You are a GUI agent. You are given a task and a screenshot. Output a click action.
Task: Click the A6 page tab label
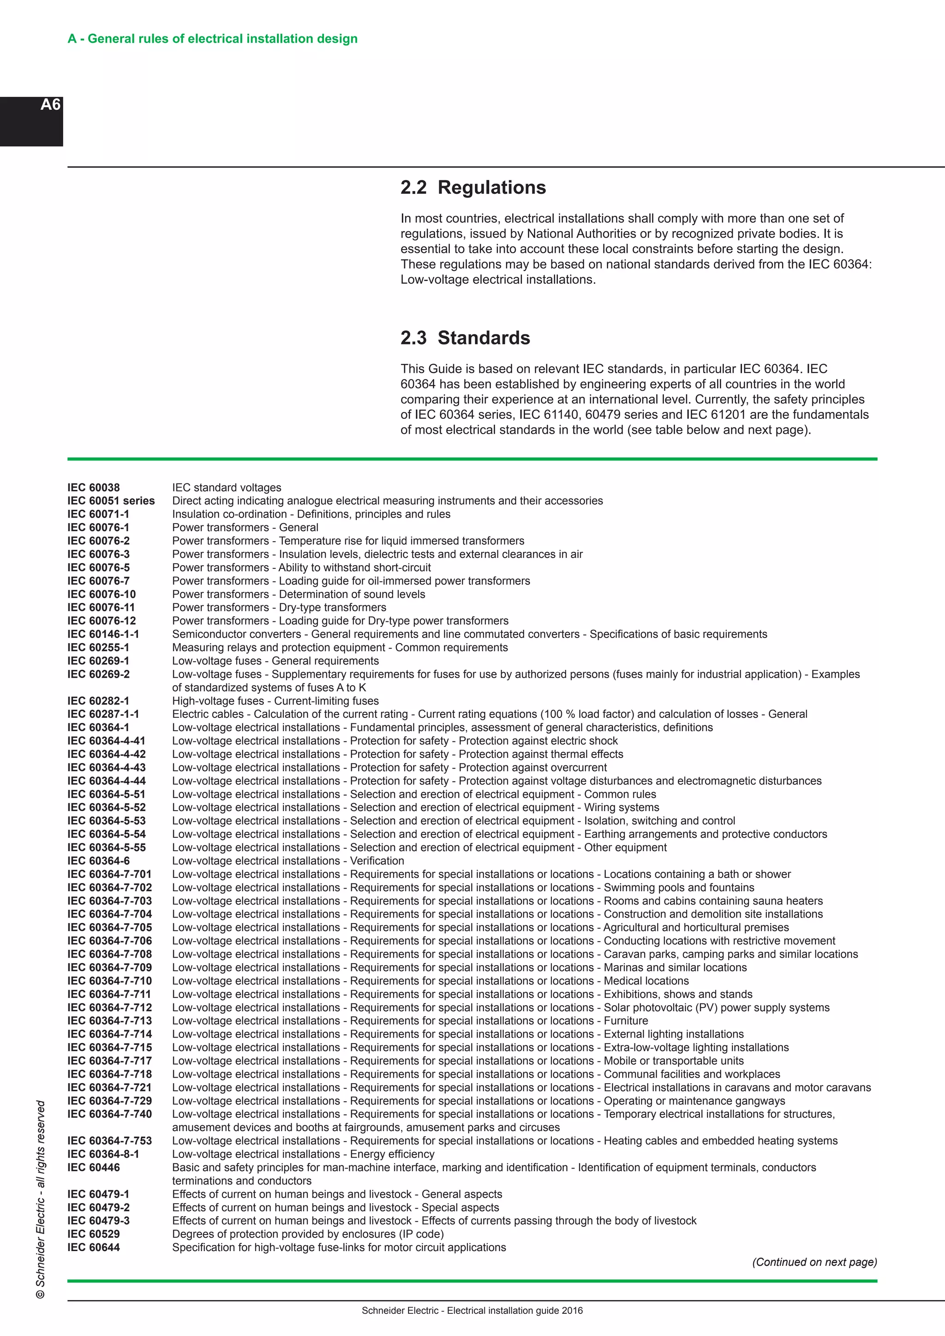(51, 105)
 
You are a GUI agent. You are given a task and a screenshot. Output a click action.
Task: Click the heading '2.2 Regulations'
(472, 187)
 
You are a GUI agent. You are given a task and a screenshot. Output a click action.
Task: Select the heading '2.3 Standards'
(465, 338)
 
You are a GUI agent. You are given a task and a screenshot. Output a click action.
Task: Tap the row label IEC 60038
(94, 488)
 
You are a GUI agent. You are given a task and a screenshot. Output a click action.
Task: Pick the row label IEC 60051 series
(111, 501)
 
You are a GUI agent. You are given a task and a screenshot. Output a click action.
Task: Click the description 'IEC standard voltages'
(227, 488)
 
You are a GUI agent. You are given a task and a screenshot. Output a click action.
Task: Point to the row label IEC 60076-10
(101, 594)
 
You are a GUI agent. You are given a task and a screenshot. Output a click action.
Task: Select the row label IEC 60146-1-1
(103, 634)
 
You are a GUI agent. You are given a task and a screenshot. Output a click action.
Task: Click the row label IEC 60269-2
(98, 674)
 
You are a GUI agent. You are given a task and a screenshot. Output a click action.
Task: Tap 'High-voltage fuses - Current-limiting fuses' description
(275, 701)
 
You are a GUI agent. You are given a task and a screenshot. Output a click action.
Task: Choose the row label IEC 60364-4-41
(107, 741)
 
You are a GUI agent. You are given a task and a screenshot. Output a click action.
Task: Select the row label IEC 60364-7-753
(109, 1140)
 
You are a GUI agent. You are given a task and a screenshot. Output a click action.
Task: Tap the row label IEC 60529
(94, 1234)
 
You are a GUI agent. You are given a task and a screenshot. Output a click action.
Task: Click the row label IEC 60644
(94, 1247)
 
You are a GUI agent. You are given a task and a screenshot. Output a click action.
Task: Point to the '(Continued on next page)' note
(814, 1262)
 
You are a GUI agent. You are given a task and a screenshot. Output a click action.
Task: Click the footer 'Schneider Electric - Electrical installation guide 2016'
(472, 1311)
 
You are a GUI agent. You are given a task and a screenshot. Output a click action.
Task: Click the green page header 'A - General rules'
(212, 39)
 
